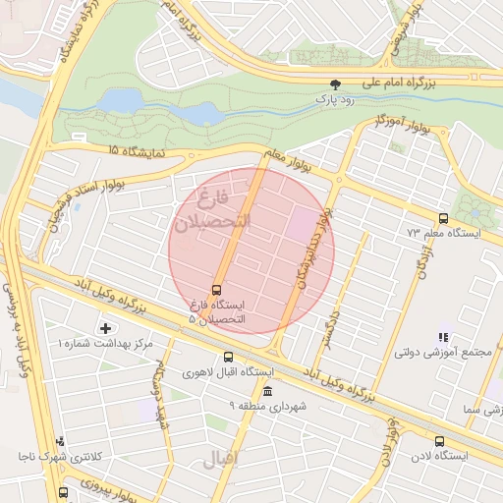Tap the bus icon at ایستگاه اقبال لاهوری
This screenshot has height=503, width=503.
tap(228, 358)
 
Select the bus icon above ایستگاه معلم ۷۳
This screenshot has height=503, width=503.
tap(443, 218)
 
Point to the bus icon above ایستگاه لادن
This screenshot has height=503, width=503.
tap(439, 441)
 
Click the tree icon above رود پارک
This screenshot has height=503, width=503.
tap(337, 85)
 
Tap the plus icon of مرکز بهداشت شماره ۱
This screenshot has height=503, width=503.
tap(106, 327)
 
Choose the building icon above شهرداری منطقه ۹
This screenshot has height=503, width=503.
tap(268, 391)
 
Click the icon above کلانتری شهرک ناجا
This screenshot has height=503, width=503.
tap(61, 441)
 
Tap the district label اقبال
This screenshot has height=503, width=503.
tap(221, 458)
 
